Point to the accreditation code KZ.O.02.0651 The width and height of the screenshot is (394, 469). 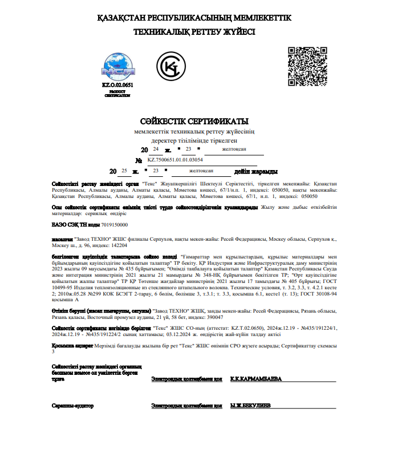(x=117, y=84)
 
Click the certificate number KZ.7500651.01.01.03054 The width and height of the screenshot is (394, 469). (x=175, y=161)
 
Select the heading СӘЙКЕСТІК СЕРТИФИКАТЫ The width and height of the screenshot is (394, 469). (x=194, y=122)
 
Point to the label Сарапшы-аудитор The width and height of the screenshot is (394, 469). (x=72, y=406)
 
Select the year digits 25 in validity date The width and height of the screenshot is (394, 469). (x=124, y=171)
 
